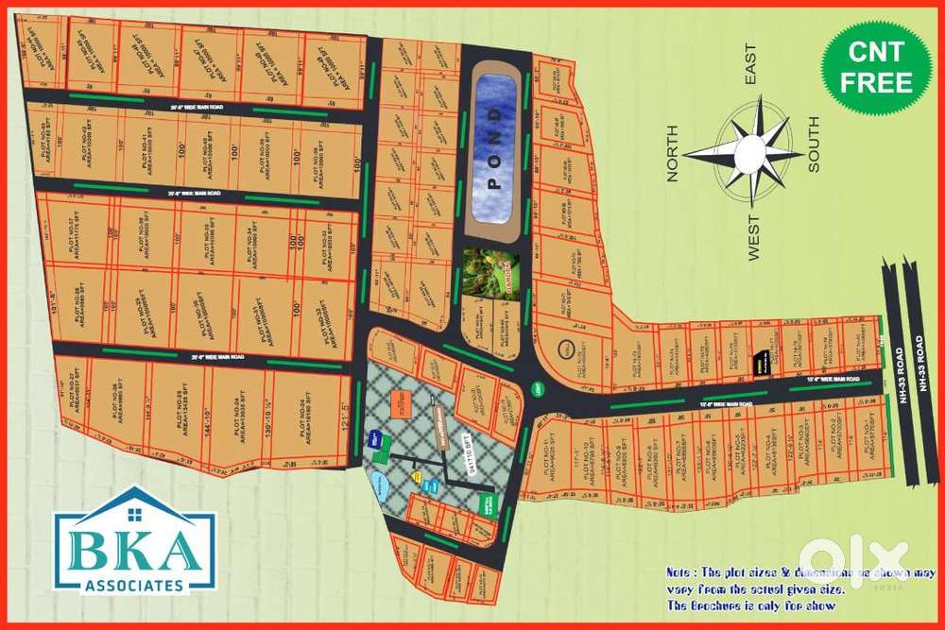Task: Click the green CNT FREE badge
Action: (x=877, y=67)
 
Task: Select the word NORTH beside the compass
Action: (x=673, y=152)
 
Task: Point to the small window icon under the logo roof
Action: (x=134, y=513)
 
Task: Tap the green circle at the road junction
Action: (x=537, y=388)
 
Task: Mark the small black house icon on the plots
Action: (x=760, y=359)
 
